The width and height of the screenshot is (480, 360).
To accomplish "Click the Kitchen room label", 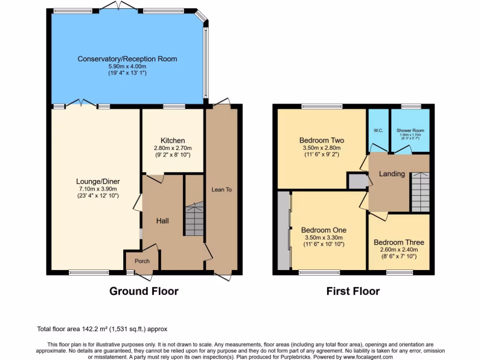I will tap(172, 141).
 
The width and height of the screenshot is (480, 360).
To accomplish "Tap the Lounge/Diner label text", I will tap(98, 181).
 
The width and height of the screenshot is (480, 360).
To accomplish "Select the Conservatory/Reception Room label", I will tap(127, 59).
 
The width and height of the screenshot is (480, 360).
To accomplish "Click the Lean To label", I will tap(222, 189).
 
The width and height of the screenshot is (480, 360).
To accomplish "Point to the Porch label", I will tap(142, 261).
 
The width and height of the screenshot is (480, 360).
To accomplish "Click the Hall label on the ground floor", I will tap(162, 221).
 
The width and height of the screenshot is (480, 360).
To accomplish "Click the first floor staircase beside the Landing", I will tap(420, 192).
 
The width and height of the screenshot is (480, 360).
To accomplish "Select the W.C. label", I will tap(378, 130).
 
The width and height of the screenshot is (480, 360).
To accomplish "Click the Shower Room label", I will tap(410, 130).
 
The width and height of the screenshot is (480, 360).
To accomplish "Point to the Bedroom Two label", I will tap(322, 140).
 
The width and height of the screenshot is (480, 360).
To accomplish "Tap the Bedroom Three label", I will tap(398, 242).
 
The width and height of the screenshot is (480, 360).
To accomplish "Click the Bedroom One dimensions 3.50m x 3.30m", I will tap(323, 237).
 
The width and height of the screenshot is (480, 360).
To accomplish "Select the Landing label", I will tap(391, 174).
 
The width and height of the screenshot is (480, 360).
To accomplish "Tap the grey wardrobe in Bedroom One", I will tap(284, 231).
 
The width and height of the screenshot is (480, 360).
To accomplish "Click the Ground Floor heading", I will tap(143, 291).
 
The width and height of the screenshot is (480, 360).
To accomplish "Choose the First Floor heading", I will tap(352, 291).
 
